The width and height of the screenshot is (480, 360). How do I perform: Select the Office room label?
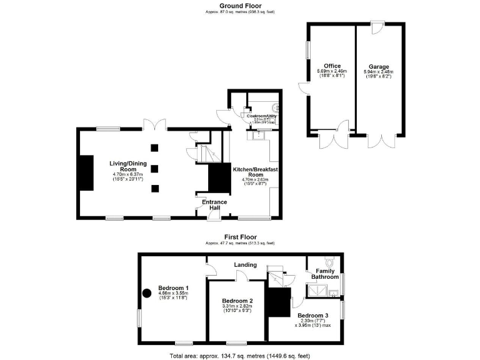pos(332,66)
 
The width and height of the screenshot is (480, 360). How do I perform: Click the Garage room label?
pos(379,66)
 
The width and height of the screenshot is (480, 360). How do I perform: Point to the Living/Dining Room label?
pos(123,166)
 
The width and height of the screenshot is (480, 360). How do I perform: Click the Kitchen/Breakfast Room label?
pos(255,172)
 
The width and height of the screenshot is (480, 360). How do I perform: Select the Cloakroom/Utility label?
pos(261,116)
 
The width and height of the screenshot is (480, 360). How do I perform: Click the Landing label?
pos(245,264)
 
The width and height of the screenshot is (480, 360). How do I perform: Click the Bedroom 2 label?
pos(237,300)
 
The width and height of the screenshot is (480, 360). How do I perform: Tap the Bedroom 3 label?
pos(312,315)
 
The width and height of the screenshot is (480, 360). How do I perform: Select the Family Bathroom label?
pos(325,274)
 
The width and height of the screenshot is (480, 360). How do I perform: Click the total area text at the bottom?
pos(240,355)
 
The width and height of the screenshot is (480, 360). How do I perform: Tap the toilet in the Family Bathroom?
pos(331,262)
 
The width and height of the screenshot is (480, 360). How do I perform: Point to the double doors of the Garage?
pos(379,141)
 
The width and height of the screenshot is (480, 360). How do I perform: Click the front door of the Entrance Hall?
pos(214,216)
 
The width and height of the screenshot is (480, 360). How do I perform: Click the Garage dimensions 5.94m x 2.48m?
pos(379,72)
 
